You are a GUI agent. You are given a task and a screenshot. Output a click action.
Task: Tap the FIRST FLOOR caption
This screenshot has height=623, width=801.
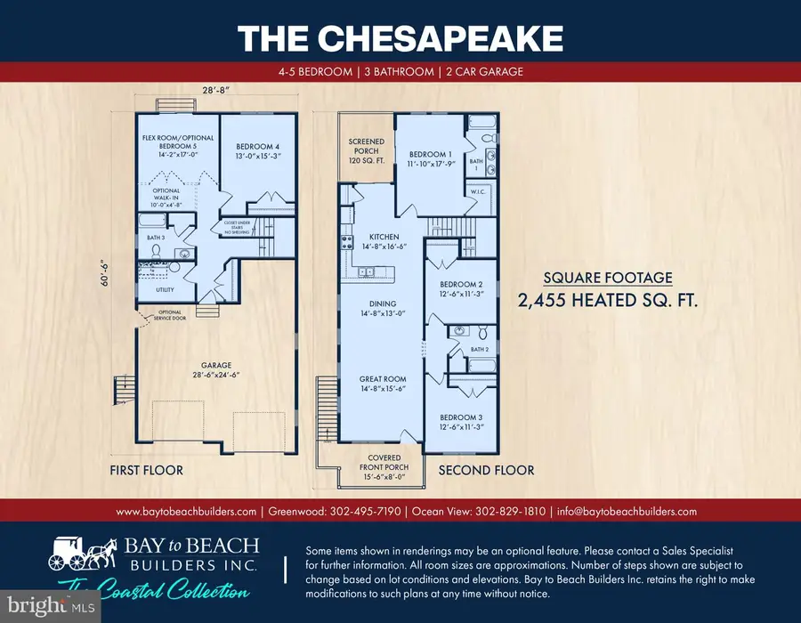coord(146,470)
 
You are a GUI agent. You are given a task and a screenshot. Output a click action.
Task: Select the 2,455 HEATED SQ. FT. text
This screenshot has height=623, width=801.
coord(608,301)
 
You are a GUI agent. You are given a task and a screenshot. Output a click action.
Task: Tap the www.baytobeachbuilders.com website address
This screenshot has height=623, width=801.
coord(186,511)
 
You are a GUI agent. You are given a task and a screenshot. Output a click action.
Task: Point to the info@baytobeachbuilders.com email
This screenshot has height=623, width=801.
coord(626,511)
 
